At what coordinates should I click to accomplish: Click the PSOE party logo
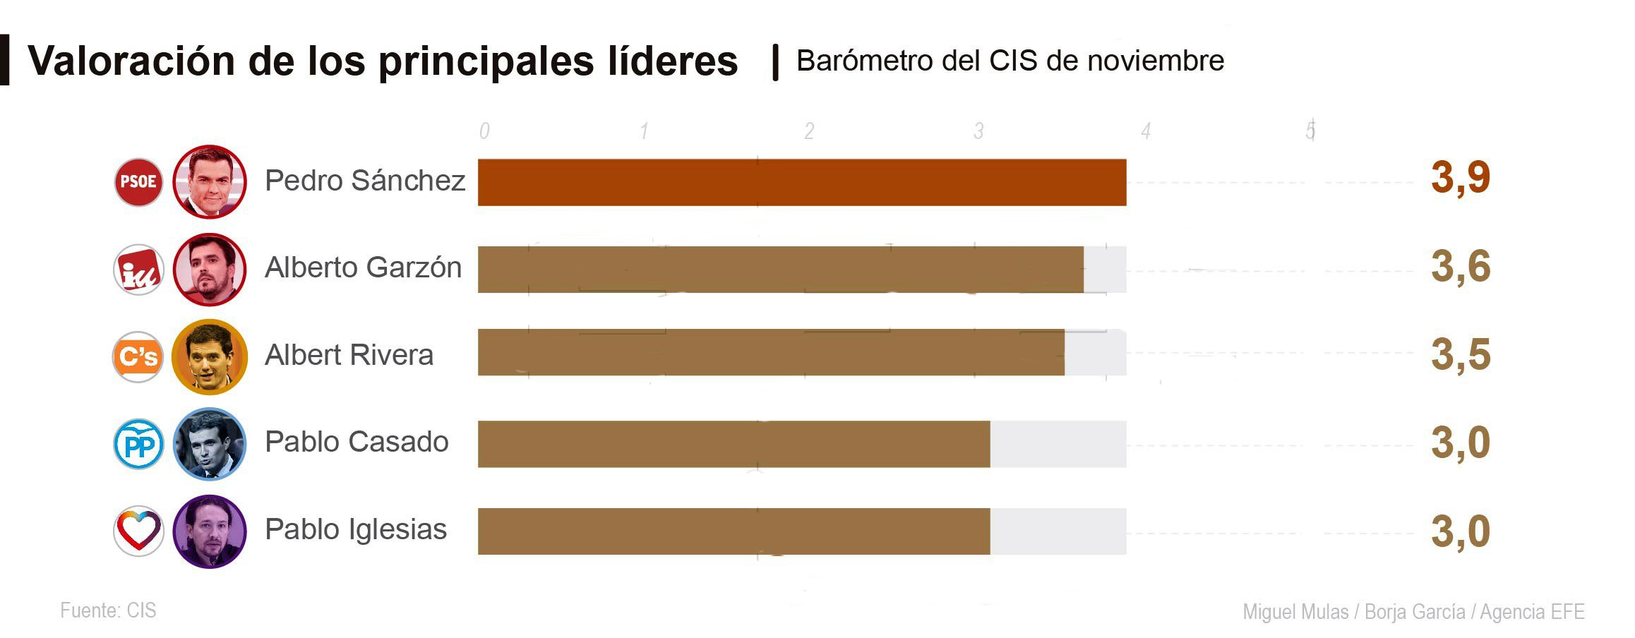click(x=138, y=182)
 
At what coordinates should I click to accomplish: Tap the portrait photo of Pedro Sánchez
click(x=210, y=182)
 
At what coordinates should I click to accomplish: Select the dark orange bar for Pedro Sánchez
click(x=801, y=183)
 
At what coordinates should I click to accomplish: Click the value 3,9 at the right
click(x=1460, y=178)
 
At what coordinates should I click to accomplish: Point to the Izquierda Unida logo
click(x=138, y=270)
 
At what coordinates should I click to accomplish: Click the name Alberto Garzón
click(x=363, y=267)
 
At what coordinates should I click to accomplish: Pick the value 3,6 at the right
click(x=1460, y=267)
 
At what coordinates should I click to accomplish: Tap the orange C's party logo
click(x=138, y=357)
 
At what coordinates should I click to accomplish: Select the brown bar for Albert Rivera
click(x=771, y=352)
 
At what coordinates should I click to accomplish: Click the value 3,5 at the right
click(x=1460, y=354)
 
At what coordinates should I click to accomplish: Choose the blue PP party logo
click(x=138, y=445)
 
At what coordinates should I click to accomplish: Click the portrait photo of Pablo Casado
click(x=210, y=445)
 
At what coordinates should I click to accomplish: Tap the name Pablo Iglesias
click(x=356, y=529)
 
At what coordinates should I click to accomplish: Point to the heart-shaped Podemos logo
click(x=138, y=531)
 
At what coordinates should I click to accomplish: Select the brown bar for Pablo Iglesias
click(x=733, y=531)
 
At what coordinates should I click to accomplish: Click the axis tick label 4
click(x=1146, y=131)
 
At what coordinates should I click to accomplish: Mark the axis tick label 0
click(x=484, y=131)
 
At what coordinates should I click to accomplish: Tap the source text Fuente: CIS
click(x=108, y=610)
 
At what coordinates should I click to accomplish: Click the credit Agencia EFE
click(x=1532, y=612)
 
